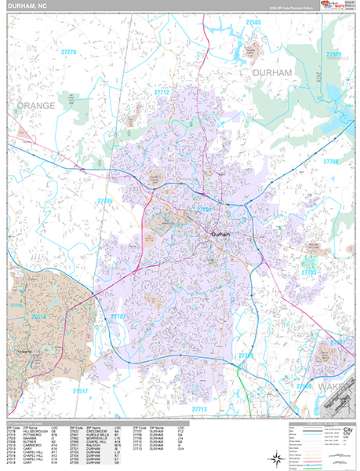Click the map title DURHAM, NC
30,6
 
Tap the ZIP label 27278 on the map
69,52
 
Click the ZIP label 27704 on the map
329,162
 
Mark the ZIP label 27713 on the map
199,409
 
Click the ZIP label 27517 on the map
80,390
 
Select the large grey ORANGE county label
37,105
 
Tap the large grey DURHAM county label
271,72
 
